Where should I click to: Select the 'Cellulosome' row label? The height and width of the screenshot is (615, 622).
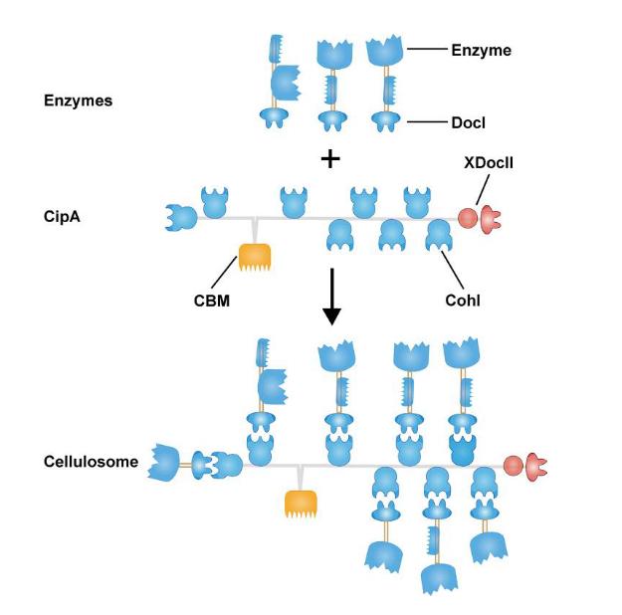click(91, 462)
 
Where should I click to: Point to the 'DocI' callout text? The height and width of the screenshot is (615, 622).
click(473, 123)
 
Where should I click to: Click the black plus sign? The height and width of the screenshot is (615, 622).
click(329, 158)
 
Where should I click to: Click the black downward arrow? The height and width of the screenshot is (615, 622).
click(331, 305)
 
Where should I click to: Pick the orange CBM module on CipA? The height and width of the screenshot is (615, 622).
click(256, 262)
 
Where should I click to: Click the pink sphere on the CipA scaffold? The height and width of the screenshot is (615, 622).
click(466, 217)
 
